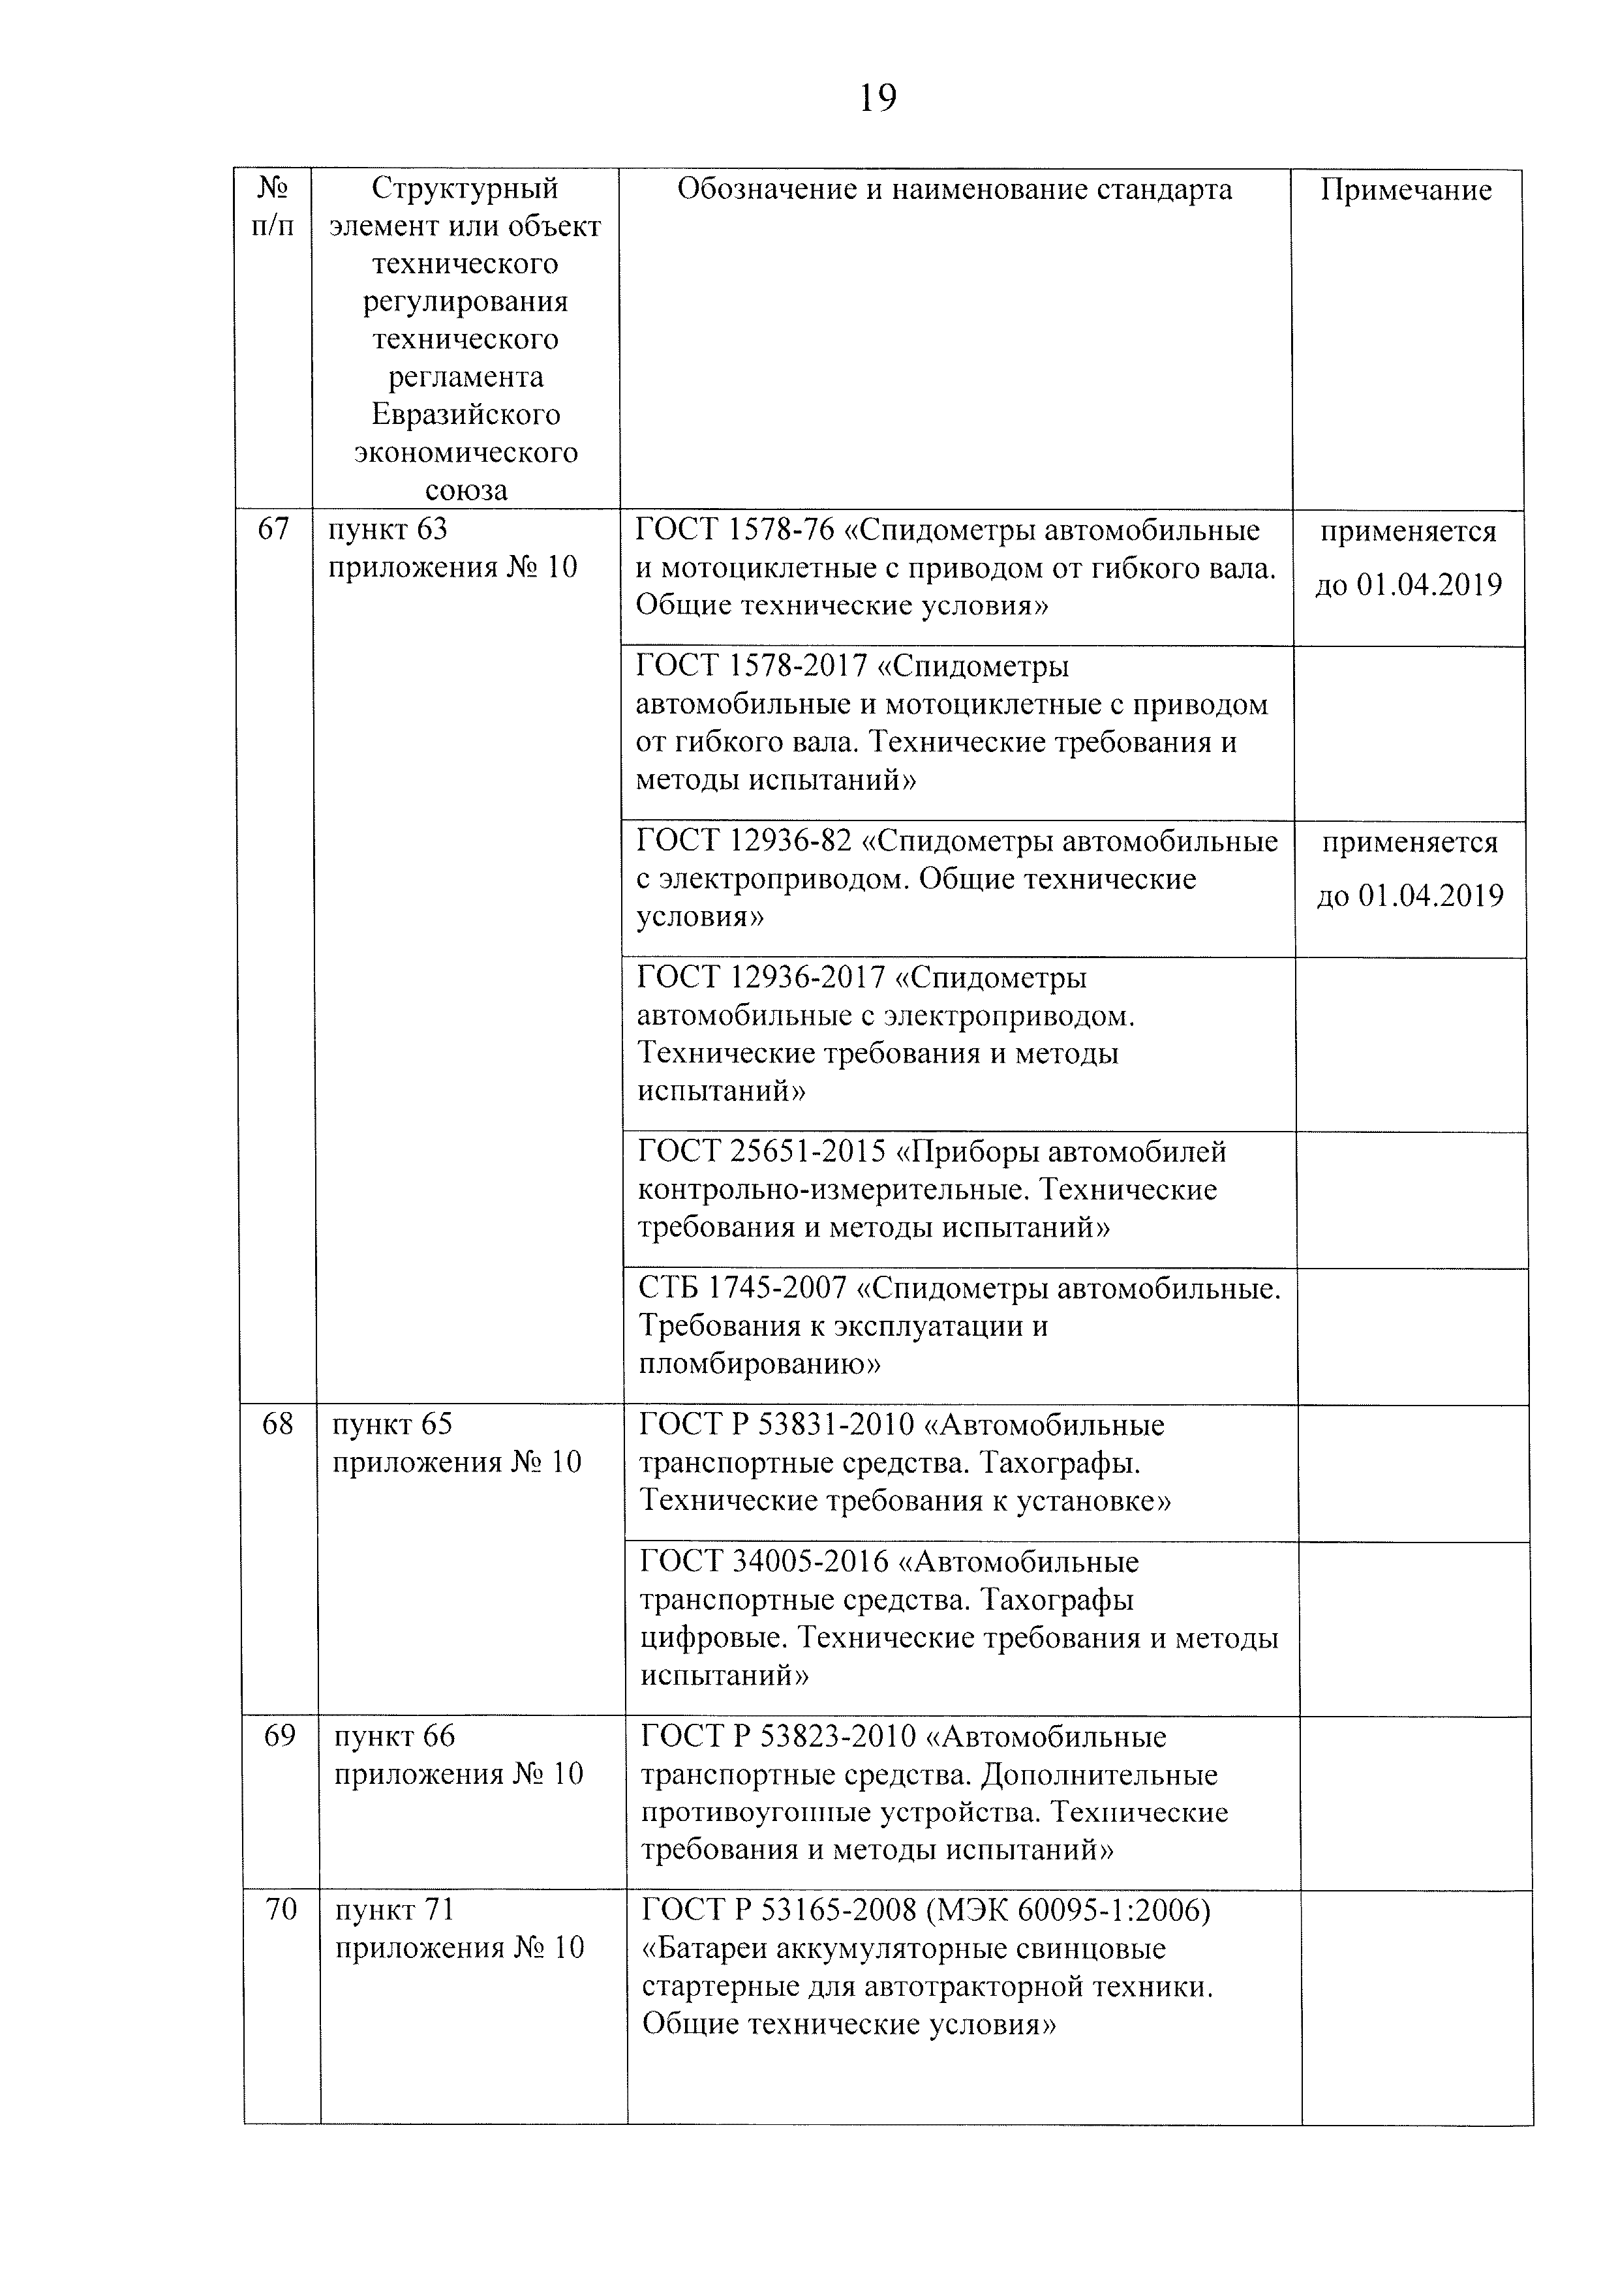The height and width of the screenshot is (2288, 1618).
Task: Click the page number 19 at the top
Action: [x=878, y=98]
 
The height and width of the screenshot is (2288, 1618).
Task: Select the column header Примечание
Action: [x=1406, y=190]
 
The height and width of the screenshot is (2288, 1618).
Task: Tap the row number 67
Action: [x=273, y=529]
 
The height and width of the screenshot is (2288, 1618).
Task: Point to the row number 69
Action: [x=279, y=1737]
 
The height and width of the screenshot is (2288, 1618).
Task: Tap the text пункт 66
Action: [x=394, y=1737]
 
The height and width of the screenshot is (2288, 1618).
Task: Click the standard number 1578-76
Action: [x=780, y=531]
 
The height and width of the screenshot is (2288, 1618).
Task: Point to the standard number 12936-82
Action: [x=791, y=842]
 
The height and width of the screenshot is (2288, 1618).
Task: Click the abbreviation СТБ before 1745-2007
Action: [x=669, y=1289]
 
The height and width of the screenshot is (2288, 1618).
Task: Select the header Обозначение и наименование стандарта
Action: [x=954, y=190]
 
